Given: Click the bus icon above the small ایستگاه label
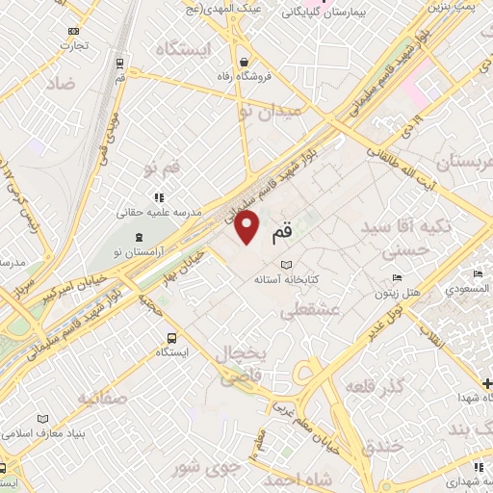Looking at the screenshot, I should pos(170,338).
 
